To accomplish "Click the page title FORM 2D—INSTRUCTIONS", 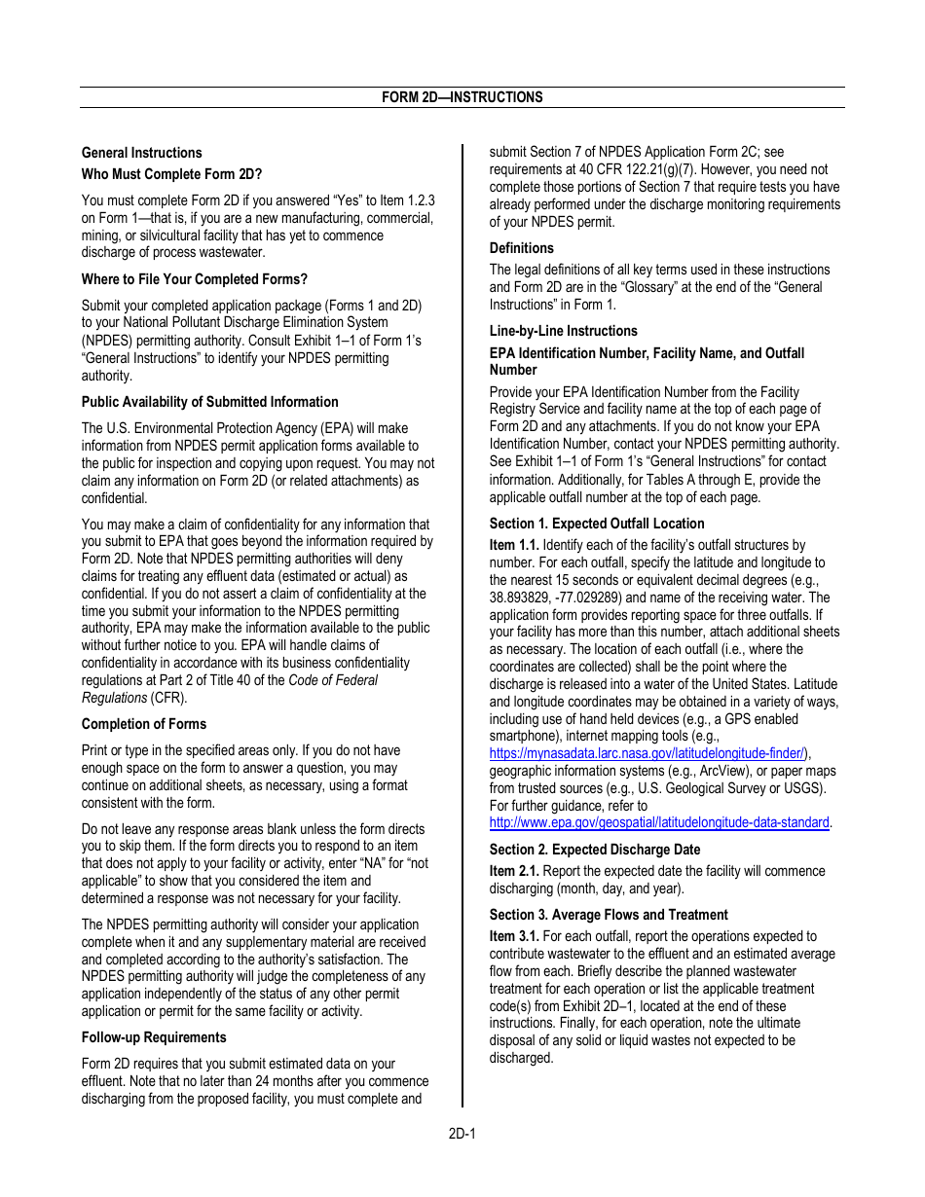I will click(x=462, y=97).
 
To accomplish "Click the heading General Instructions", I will click(x=141, y=153).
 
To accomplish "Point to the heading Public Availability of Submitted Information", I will click(x=209, y=402).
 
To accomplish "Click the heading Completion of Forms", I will click(x=143, y=724).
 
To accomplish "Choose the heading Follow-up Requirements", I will click(x=153, y=1037).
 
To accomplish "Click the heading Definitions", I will click(x=521, y=248).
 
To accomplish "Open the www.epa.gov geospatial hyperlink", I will click(x=659, y=822).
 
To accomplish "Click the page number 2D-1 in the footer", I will click(x=462, y=1134).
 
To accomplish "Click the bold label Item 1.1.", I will click(x=513, y=546).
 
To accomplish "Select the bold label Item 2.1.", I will click(x=513, y=871).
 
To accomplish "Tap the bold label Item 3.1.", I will click(x=513, y=936).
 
